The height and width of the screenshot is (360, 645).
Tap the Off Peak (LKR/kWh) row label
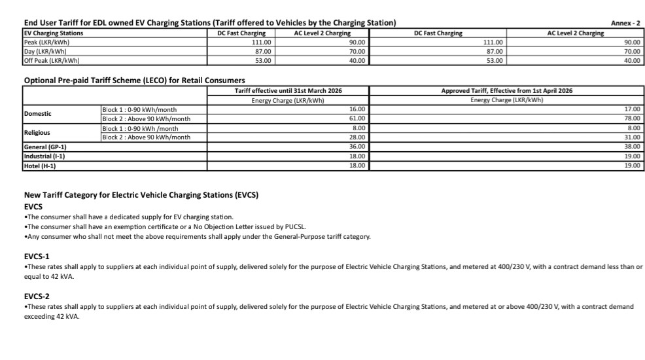52,60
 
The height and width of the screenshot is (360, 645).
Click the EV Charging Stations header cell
54,33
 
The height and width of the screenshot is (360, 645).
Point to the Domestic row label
38,114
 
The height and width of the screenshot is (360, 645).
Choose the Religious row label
37,132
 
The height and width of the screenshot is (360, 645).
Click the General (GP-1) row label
45,147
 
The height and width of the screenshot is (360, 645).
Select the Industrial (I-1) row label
44,156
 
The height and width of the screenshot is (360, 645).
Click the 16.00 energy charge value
357,109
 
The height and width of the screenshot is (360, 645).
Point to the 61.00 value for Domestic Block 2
357,118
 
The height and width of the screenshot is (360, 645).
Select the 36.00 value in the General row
357,147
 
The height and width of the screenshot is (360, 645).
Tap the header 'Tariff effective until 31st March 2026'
288,90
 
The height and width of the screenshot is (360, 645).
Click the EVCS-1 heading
37,256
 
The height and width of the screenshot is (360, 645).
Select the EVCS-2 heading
37,296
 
